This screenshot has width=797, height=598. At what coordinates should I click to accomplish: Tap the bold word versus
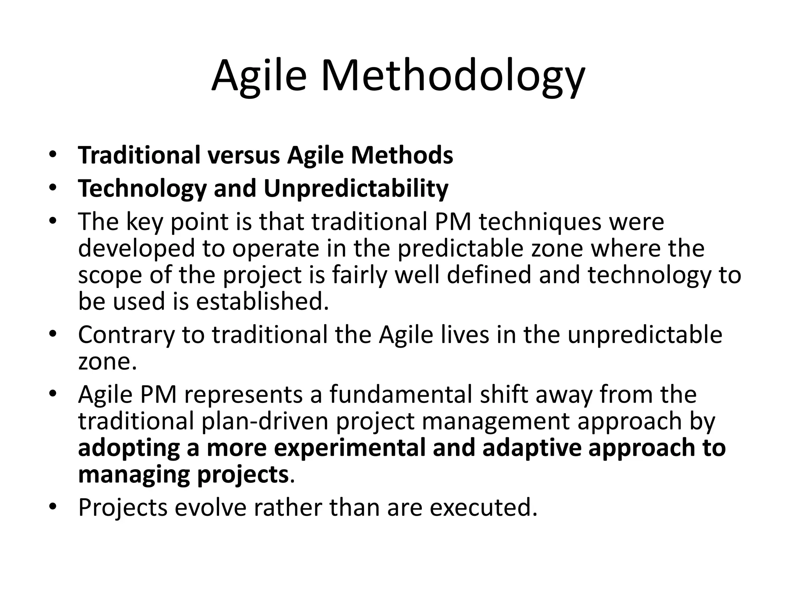[243, 155]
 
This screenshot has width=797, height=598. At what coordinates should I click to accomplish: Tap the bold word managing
[134, 475]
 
